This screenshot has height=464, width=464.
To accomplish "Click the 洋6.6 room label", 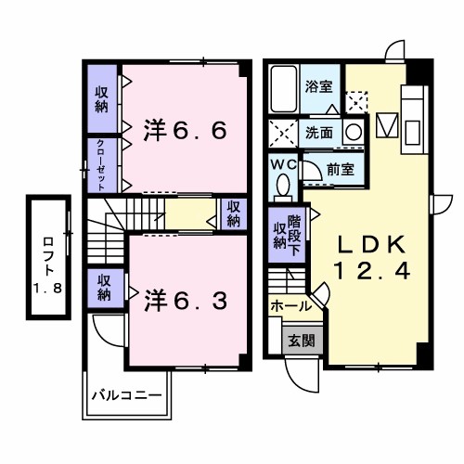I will point(185,132).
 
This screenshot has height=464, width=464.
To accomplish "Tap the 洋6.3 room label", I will point(185,301).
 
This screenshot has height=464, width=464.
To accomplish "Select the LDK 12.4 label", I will point(370,257).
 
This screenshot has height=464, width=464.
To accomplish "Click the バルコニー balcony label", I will point(126,395).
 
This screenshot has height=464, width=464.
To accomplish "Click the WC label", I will point(283,162).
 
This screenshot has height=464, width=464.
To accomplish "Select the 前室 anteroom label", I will point(341,169).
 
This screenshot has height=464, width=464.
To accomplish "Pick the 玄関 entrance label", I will point(300,341).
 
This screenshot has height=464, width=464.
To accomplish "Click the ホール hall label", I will point(290,304).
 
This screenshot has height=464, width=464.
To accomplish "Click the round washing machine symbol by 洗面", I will point(353,131).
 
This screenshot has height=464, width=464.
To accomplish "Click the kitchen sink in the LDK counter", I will point(389,123).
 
